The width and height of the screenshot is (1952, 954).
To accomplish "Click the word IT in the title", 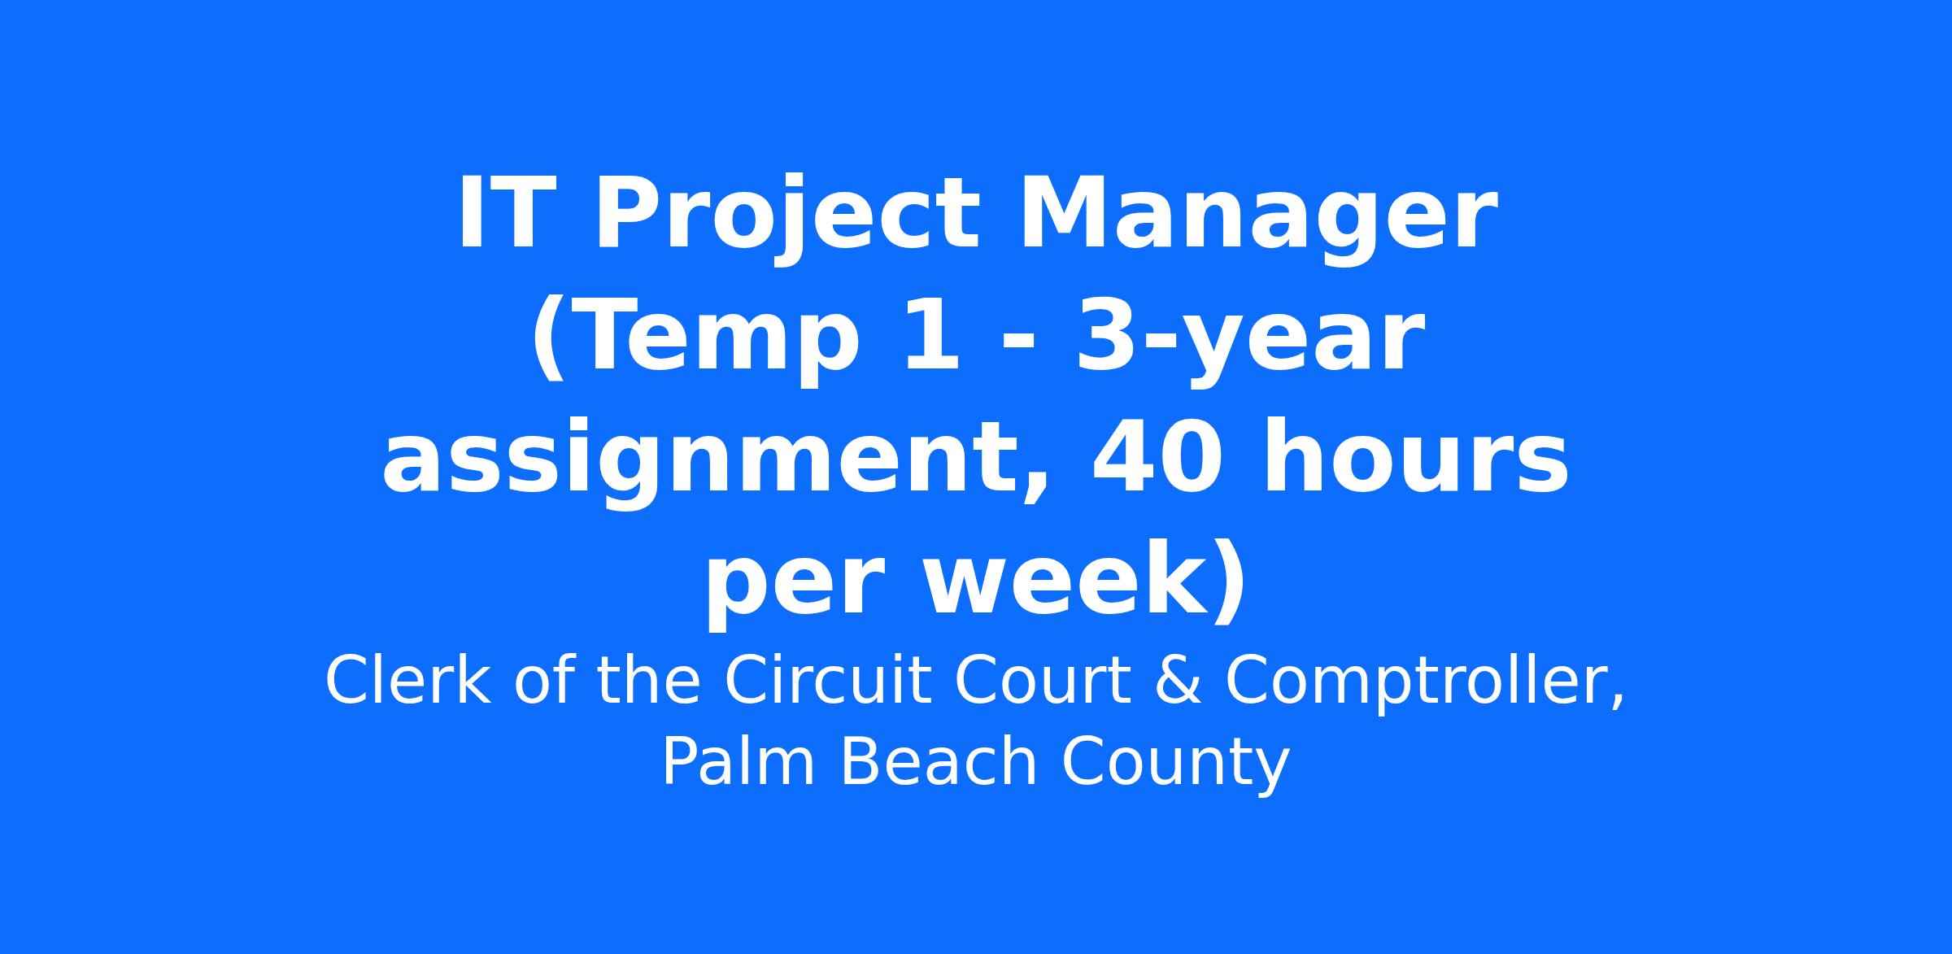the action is (x=500, y=212).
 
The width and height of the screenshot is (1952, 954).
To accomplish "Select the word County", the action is (x=1175, y=766).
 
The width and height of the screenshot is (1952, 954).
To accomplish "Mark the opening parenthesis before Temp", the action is (x=548, y=338).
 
